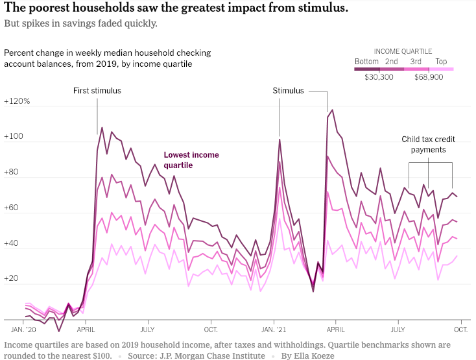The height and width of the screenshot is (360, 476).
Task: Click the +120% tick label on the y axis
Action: pos(16,102)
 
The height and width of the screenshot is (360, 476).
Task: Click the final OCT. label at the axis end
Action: pos(460,329)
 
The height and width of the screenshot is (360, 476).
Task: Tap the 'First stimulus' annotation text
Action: pos(97,91)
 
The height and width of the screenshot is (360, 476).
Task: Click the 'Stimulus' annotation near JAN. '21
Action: pos(288,91)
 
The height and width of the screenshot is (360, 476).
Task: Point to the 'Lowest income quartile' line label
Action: pos(191,160)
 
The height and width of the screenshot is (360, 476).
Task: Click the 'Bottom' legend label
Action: pos(366,62)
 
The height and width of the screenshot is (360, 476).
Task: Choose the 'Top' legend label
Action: pos(441,62)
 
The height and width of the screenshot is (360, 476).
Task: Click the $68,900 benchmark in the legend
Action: pos(429,77)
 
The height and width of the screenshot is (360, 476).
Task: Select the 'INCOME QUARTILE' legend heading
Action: pos(403,51)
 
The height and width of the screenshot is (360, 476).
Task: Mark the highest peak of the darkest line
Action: pos(333,110)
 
